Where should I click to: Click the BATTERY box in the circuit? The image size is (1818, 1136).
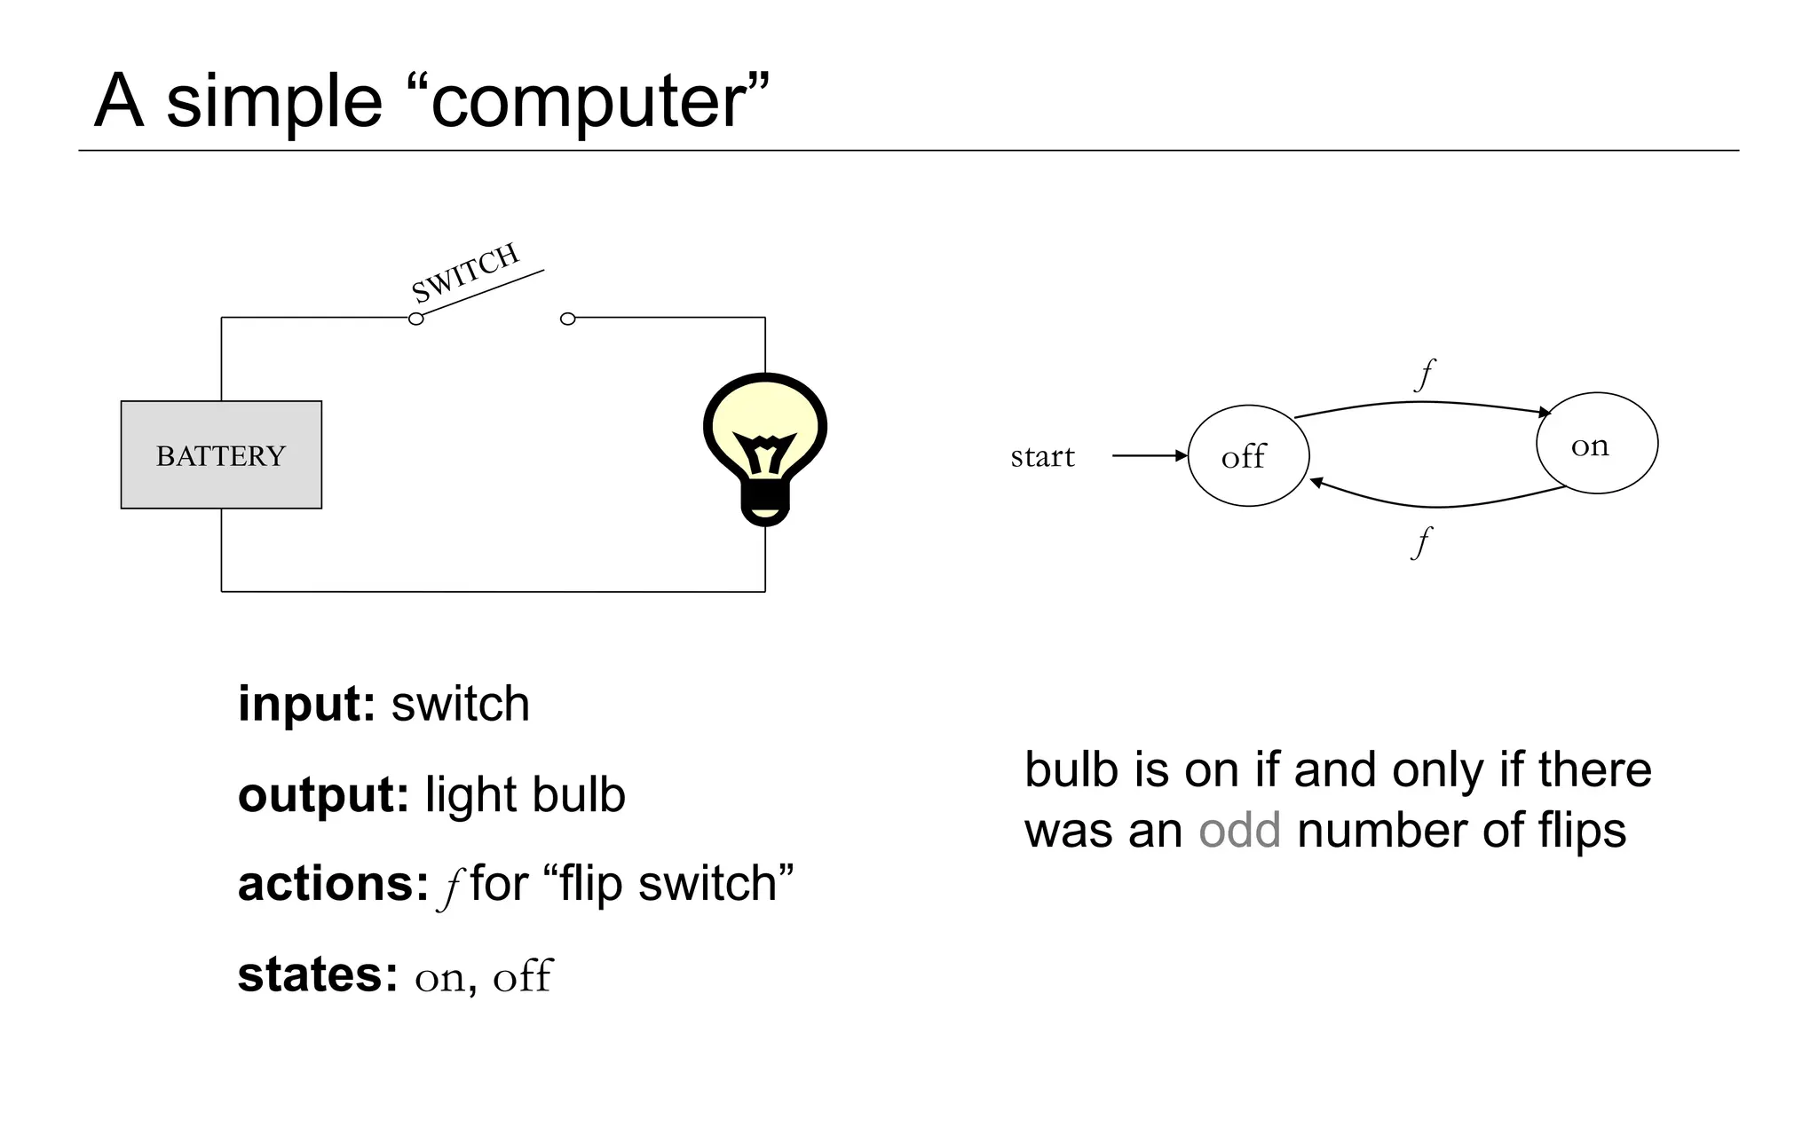pyautogui.click(x=221, y=454)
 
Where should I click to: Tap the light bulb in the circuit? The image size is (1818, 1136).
pyautogui.click(x=764, y=435)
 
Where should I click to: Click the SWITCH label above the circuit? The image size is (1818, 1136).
pyautogui.click(x=465, y=272)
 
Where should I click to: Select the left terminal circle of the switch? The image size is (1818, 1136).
pyautogui.click(x=415, y=319)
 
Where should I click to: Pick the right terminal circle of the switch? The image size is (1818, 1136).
pyautogui.click(x=568, y=319)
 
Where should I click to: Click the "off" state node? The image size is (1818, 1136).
pyautogui.click(x=1247, y=456)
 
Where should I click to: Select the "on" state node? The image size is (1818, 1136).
pyautogui.click(x=1596, y=444)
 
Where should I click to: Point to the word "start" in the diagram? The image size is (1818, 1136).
pyautogui.click(x=1042, y=456)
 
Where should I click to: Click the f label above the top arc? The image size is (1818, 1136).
pyautogui.click(x=1424, y=375)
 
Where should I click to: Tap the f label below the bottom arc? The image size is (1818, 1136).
pyautogui.click(x=1421, y=541)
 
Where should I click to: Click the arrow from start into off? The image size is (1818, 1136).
pyautogui.click(x=1150, y=455)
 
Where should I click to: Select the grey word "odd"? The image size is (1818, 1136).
pyautogui.click(x=1239, y=831)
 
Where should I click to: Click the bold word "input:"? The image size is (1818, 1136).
pyautogui.click(x=306, y=705)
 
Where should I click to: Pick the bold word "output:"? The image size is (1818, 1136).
pyautogui.click(x=323, y=794)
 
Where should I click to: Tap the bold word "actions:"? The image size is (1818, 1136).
pyautogui.click(x=333, y=884)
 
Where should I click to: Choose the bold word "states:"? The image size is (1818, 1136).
pyautogui.click(x=318, y=974)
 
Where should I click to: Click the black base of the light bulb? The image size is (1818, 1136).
pyautogui.click(x=764, y=508)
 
